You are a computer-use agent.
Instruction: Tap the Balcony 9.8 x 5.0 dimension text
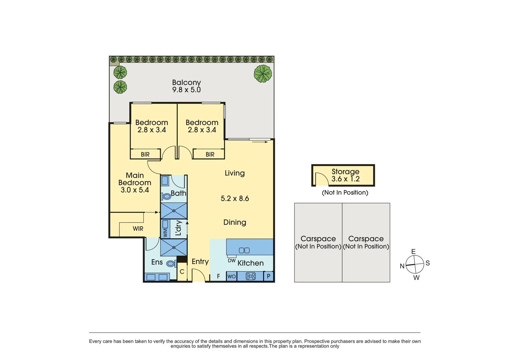186,90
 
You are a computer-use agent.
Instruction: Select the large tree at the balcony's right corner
263,74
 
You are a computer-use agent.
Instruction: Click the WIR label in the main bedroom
138,229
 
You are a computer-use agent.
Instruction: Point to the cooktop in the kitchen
250,276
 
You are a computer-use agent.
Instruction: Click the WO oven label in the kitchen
231,276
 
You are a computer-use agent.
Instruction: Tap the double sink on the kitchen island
244,250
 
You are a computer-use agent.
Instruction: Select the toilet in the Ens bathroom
171,263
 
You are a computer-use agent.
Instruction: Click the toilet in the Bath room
166,196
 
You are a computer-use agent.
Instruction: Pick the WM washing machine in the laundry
165,228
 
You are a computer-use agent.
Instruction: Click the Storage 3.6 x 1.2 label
345,175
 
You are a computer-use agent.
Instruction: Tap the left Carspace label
318,242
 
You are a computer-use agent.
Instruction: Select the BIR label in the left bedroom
145,154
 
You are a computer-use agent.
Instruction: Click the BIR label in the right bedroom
210,154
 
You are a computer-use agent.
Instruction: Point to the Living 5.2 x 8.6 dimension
235,199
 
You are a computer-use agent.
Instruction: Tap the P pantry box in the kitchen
269,276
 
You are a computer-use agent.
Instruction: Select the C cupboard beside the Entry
182,272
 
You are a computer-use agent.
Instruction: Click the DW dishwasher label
232,261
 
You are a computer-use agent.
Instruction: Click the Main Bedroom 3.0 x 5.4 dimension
135,190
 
